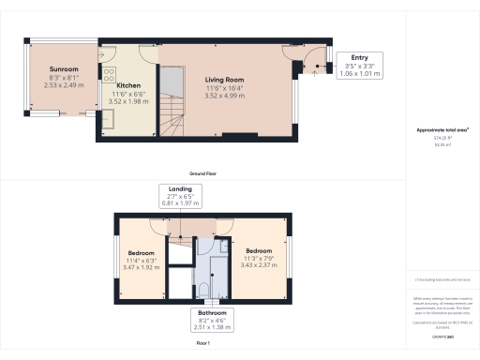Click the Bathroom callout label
210,313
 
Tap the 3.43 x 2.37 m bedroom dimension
259,264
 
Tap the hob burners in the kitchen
109,73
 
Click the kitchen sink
109,118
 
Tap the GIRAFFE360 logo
443,335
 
